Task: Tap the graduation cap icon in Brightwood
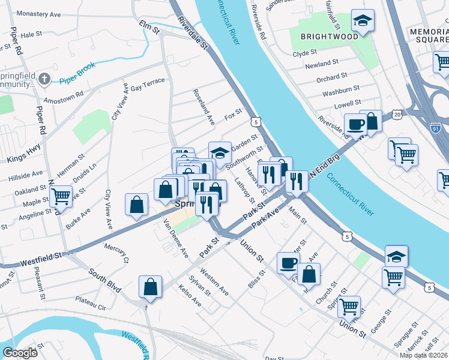[363, 21]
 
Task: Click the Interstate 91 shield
[436, 128]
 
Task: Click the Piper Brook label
[77, 80]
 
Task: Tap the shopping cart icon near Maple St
[61, 196]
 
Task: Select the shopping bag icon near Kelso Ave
[150, 286]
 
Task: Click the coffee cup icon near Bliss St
[288, 263]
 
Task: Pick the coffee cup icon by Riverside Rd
[355, 125]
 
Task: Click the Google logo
[20, 353]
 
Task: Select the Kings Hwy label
[24, 152]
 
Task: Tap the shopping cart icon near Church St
[348, 307]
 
